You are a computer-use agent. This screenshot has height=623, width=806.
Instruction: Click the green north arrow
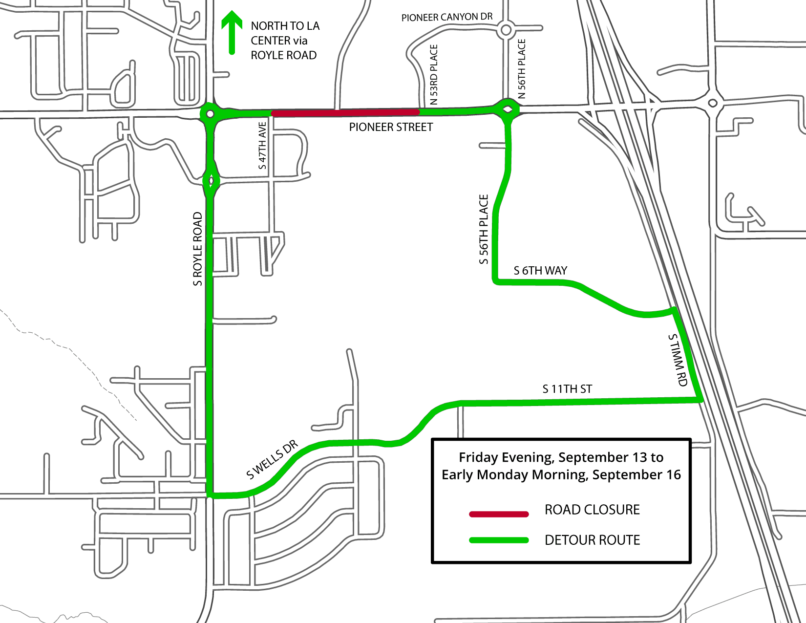[232, 32]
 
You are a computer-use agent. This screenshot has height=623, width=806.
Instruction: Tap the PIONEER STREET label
[391, 128]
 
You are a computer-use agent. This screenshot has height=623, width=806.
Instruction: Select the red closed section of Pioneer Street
[345, 112]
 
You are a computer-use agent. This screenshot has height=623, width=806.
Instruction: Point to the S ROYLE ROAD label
[197, 249]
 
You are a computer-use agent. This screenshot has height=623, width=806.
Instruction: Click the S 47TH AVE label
[263, 146]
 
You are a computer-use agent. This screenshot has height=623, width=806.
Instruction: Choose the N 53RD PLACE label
[434, 75]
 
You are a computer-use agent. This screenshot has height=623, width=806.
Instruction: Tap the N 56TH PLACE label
[522, 69]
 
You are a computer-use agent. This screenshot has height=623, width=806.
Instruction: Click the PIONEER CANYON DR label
[446, 17]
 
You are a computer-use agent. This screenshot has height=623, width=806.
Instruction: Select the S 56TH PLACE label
[484, 229]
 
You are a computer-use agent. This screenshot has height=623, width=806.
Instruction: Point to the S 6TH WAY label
[540, 271]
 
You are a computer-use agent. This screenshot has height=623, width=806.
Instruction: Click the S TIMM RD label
[679, 360]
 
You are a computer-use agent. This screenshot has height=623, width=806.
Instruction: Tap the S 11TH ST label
[567, 389]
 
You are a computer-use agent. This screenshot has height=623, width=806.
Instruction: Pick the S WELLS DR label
[272, 460]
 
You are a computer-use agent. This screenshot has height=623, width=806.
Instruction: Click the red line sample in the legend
[499, 514]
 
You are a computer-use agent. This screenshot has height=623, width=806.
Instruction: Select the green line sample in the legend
[499, 540]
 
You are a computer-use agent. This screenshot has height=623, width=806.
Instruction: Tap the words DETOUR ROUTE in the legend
[592, 540]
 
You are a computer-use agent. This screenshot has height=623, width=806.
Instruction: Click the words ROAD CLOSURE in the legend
[592, 510]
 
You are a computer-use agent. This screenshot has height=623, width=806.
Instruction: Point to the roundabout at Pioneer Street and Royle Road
[210, 114]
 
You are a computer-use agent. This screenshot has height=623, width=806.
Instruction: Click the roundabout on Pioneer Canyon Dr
[506, 30]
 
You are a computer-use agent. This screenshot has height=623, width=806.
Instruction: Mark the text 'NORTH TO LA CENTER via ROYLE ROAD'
[285, 41]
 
